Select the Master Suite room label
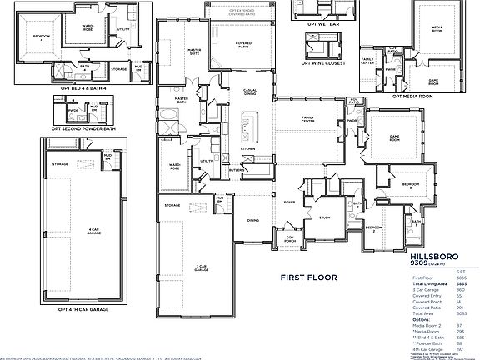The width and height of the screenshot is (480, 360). [194, 52]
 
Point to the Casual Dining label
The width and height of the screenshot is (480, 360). [250, 90]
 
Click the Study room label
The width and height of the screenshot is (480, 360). [324, 217]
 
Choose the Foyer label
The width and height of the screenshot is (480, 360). [289, 201]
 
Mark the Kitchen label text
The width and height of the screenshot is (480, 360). [248, 149]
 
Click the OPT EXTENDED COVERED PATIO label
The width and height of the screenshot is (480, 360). [243, 12]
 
